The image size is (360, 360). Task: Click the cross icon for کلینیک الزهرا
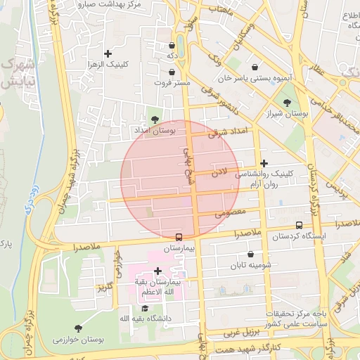[108, 53]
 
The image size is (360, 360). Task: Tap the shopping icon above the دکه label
[172, 46]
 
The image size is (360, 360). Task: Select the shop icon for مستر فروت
[172, 72]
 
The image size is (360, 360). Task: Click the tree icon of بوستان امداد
[155, 119]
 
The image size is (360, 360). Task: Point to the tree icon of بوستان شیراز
[287, 101]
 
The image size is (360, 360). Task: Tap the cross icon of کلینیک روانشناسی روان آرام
[264, 162]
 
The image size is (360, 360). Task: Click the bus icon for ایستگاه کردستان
[300, 226]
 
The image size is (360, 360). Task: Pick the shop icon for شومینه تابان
[251, 255]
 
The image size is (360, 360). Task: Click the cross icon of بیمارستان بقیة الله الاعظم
[157, 271]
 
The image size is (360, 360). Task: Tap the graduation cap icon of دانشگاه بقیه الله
[145, 308]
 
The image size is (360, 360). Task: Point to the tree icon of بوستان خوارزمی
[77, 328]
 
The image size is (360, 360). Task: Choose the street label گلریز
[105, 287]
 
